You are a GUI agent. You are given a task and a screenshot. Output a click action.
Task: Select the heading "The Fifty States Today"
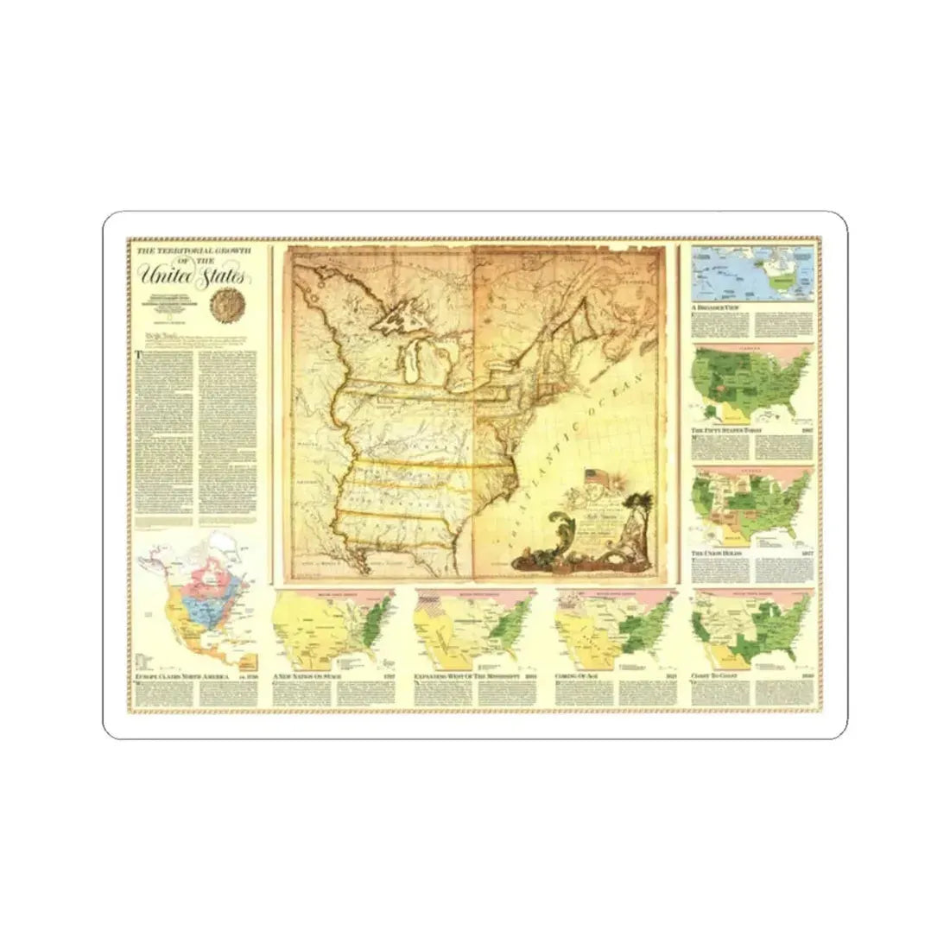coord(729,429)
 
